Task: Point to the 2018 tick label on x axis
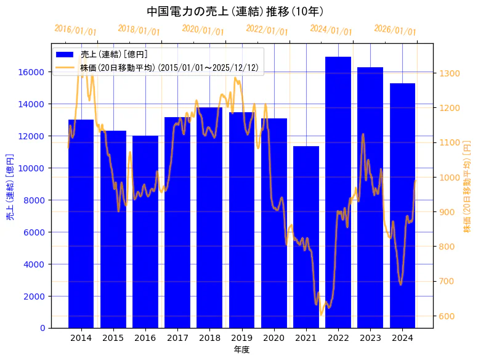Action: tap(209, 338)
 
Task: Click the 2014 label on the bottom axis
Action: tap(81, 338)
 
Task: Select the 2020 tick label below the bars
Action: tap(273, 338)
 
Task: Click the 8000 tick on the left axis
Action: tap(34, 200)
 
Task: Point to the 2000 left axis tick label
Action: tap(34, 297)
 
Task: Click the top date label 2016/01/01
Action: tap(76, 30)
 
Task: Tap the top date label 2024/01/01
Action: tap(331, 30)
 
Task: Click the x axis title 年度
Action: tap(241, 350)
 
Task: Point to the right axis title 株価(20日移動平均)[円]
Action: tap(467, 185)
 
